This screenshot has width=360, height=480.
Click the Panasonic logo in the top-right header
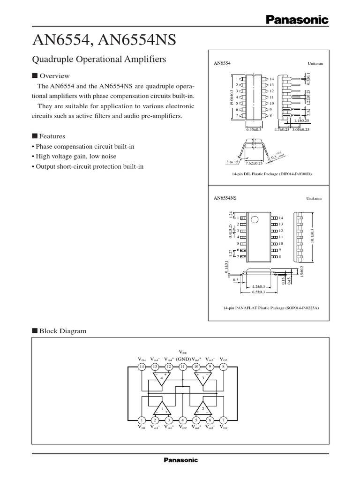point(297,19)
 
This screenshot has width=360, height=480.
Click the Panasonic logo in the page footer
point(180,460)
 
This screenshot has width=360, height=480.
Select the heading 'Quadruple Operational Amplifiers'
point(99,60)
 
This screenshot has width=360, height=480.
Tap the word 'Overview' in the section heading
point(54,76)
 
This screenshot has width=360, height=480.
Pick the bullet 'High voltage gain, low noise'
point(76,156)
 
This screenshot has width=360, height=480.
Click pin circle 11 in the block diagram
point(183,367)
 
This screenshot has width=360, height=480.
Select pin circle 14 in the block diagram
point(142,367)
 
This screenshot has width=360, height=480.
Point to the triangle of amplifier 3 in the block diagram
point(203,379)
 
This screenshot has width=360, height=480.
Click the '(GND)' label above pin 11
point(183,359)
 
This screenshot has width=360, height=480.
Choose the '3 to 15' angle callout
point(232,162)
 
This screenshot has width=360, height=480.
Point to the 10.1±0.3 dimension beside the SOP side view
point(312,236)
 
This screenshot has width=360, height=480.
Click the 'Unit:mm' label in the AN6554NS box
point(315,199)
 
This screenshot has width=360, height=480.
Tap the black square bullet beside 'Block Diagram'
point(34,330)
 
